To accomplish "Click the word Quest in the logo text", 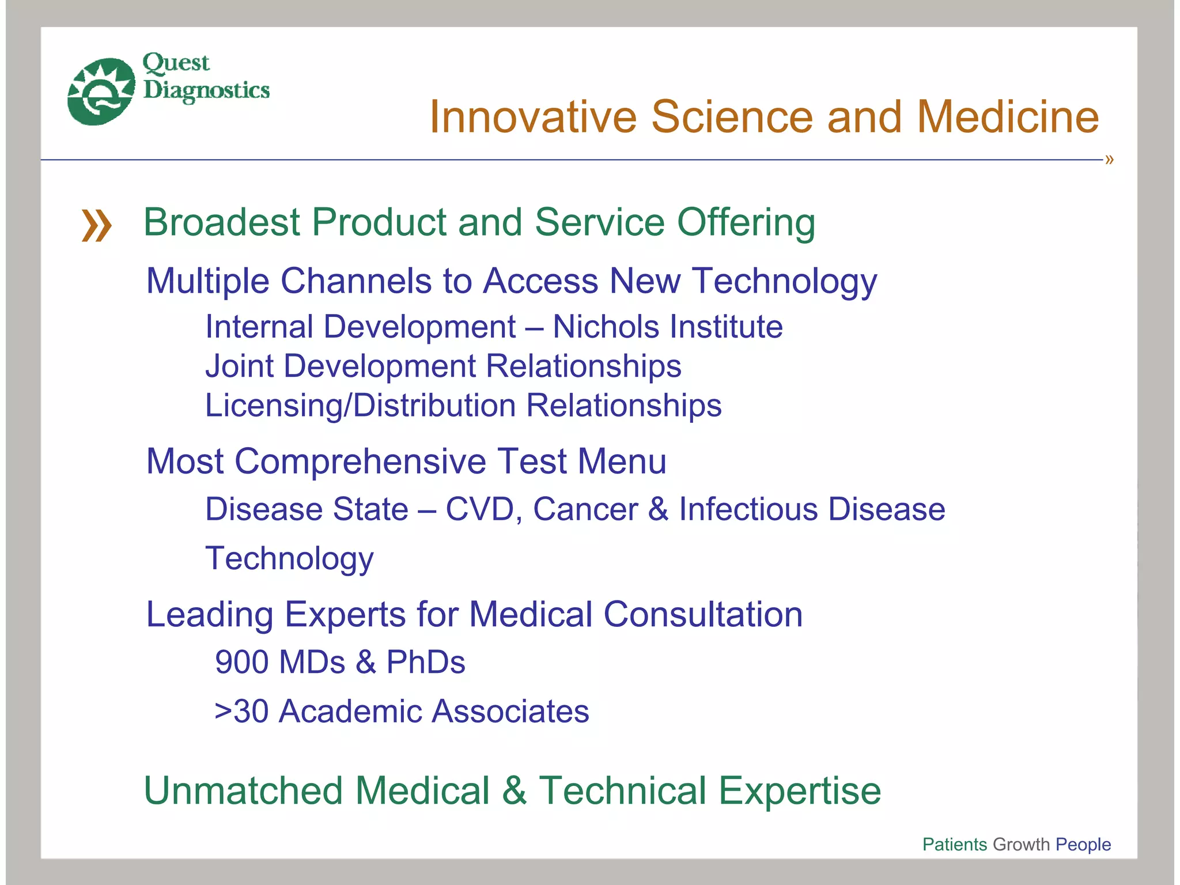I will point(176,63).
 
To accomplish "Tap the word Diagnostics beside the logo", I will point(206,90).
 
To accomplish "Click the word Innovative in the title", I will point(533,117).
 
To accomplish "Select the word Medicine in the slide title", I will point(1008,117).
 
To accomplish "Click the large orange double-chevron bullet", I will point(96,225).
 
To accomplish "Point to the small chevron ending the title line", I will point(1109,160).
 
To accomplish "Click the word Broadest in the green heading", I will point(222,222).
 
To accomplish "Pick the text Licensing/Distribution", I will point(360,406).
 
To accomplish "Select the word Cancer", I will point(585,509).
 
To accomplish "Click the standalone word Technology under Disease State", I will point(289,559).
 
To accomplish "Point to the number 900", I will point(241,662).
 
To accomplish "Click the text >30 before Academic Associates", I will point(241,711).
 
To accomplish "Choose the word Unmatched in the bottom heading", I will point(244,791).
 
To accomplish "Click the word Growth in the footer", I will point(1022,844).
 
